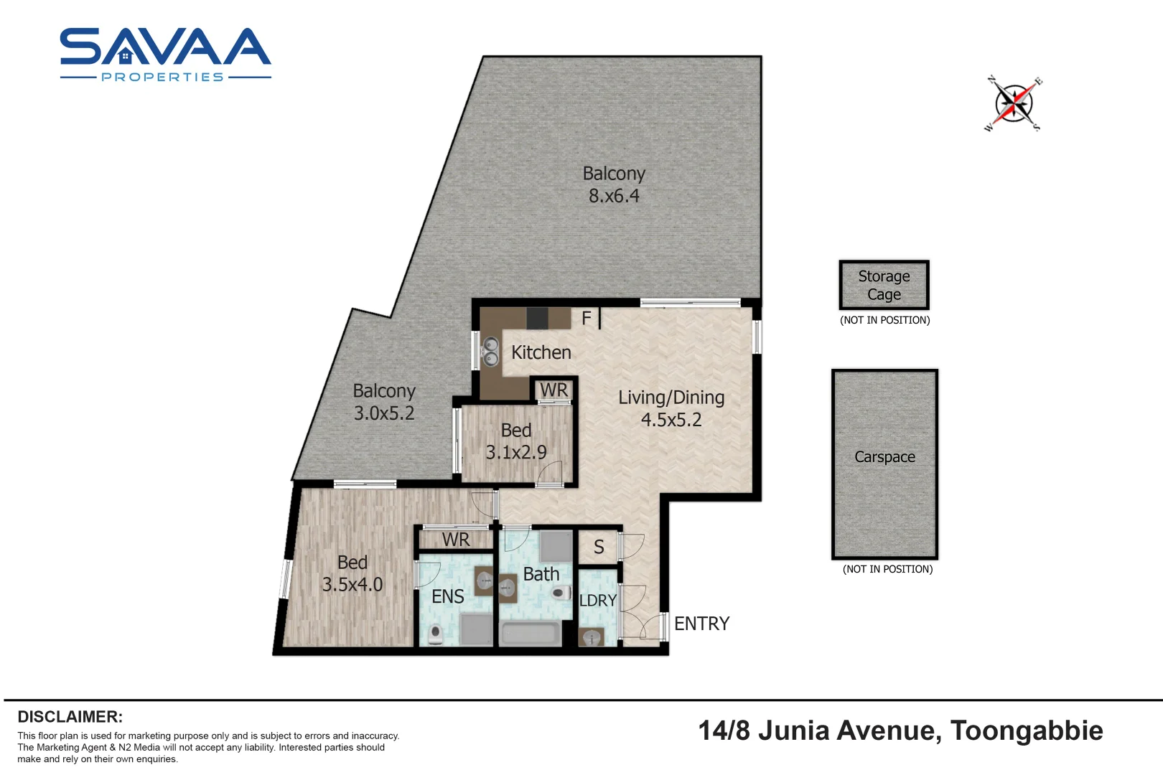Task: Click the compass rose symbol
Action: (1014, 104)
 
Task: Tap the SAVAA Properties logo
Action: (166, 55)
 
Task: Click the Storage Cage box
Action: (884, 285)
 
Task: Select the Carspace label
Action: (884, 457)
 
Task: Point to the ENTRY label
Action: (701, 624)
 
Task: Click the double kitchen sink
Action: (490, 352)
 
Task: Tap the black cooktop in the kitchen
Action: (538, 319)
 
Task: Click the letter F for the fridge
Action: (587, 318)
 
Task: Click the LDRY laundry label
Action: (597, 601)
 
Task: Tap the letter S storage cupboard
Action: (599, 547)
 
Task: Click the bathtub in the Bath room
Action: (531, 634)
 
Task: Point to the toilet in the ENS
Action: (436, 634)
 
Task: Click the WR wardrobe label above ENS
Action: (456, 540)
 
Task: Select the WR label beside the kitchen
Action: (554, 390)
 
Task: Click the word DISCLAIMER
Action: (70, 717)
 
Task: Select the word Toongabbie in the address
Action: (1027, 731)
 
